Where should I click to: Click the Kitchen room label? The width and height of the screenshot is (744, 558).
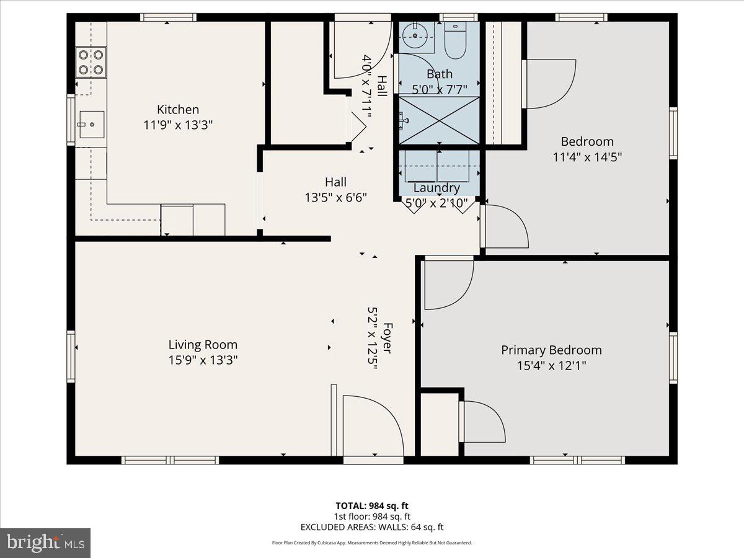pyautogui.click(x=178, y=110)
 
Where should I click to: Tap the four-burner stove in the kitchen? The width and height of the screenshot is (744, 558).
pyautogui.click(x=91, y=62)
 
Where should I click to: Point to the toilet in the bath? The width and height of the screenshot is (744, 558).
pyautogui.click(x=455, y=41)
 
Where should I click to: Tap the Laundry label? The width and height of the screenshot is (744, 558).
pyautogui.click(x=436, y=188)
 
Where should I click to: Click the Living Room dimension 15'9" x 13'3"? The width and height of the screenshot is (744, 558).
pyautogui.click(x=203, y=360)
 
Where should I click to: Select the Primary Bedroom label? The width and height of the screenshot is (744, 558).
pyautogui.click(x=551, y=350)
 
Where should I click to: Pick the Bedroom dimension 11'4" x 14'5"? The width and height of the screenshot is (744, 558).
pyautogui.click(x=587, y=157)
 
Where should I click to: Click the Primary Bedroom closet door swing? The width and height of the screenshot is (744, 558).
pyautogui.click(x=484, y=422)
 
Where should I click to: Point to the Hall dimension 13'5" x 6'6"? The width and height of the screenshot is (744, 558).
pyautogui.click(x=335, y=197)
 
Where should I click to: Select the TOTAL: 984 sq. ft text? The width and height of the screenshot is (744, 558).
pyautogui.click(x=372, y=506)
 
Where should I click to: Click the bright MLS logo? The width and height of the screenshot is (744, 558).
pyautogui.click(x=45, y=543)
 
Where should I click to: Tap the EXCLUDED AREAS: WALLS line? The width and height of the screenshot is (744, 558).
pyautogui.click(x=372, y=527)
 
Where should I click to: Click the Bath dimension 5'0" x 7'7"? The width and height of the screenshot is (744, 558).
pyautogui.click(x=439, y=89)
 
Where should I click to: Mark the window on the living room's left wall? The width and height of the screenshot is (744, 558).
pyautogui.click(x=71, y=356)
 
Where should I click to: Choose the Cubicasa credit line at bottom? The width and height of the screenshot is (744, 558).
pyautogui.click(x=372, y=542)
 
